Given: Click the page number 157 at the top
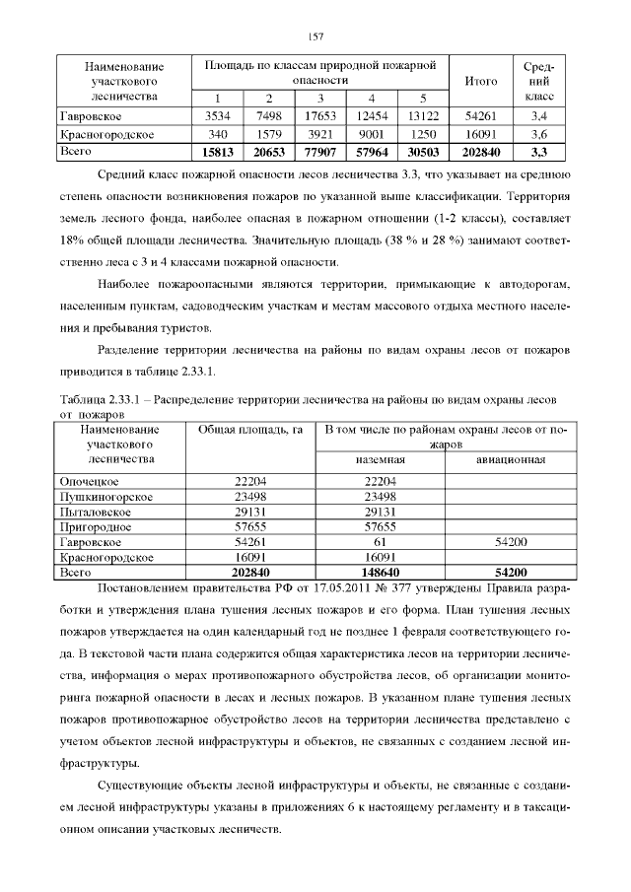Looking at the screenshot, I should click(x=315, y=36).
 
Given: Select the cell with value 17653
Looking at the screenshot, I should click(x=320, y=116).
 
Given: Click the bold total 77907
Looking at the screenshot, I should click(x=320, y=152).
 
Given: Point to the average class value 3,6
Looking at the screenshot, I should click(x=539, y=134).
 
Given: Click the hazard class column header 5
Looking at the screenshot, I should click(x=421, y=99).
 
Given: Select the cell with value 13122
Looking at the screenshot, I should click(x=421, y=116).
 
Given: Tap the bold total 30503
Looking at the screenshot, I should click(x=421, y=152).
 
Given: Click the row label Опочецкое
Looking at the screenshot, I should click(x=90, y=480).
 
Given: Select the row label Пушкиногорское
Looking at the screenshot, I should click(x=106, y=497).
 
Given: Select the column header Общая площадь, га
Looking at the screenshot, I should click(x=249, y=430).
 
